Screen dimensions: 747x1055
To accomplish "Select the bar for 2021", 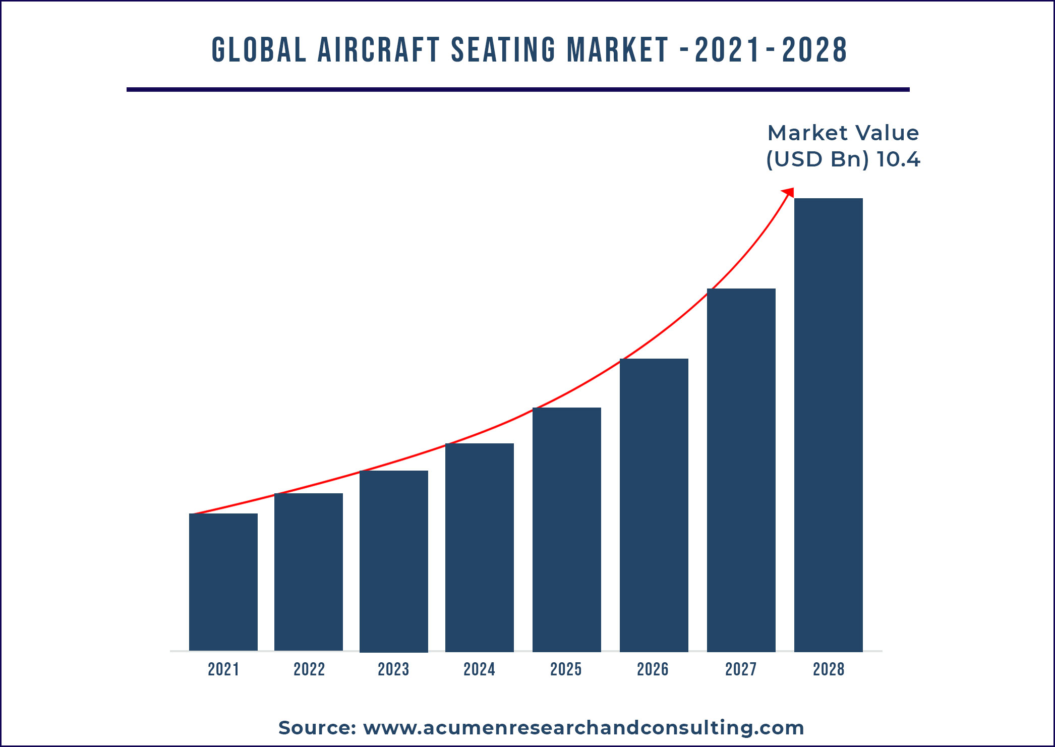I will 223,582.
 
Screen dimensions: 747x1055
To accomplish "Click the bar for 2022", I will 308,572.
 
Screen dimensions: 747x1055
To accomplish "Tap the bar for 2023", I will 393,561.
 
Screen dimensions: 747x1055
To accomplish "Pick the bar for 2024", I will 479,547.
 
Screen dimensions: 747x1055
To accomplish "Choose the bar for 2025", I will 566,530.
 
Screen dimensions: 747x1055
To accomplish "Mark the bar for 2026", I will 654,505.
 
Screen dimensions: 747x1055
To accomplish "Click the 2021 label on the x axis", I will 223,669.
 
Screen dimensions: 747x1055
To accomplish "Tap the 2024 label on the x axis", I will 479,669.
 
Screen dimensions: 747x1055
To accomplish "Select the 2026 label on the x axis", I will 653,669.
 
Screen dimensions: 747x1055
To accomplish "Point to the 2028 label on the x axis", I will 828,669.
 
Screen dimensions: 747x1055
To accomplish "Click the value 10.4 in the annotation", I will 898,160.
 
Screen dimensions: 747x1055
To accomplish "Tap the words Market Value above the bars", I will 843,133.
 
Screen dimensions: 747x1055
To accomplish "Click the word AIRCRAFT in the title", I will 379,50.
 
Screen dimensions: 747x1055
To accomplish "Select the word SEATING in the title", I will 503,50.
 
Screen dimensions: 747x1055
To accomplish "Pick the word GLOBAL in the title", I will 259,50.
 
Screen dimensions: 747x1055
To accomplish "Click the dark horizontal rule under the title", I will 518,90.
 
